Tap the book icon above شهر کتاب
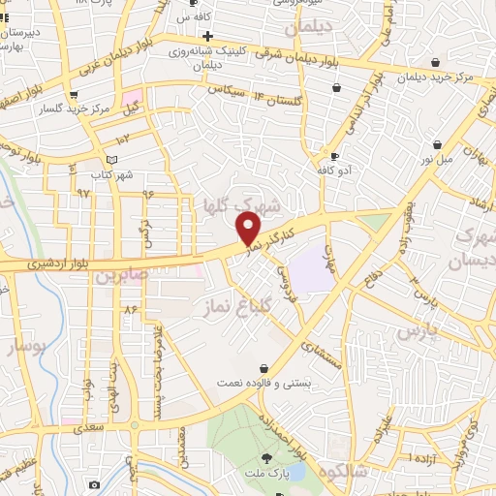click(111, 159)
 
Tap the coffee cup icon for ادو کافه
click(334, 156)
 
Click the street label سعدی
click(93, 424)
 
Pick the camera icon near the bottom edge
click(94, 484)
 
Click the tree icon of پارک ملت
click(267, 457)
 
